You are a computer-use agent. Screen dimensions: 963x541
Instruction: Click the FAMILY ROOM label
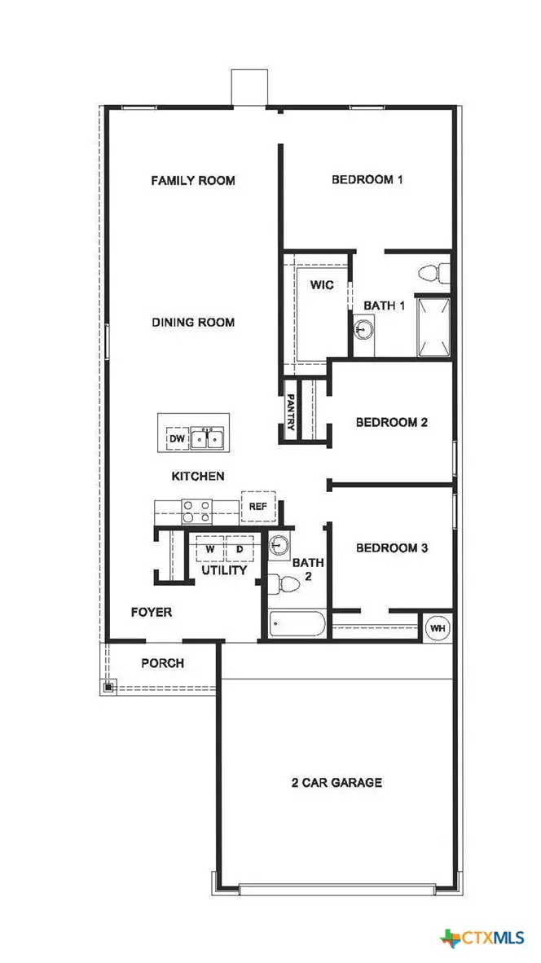tap(193, 180)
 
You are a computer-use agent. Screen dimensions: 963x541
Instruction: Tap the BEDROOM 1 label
tap(367, 180)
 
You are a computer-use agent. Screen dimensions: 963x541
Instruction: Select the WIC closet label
tap(322, 285)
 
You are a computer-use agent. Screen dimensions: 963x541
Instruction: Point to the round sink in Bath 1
tap(365, 330)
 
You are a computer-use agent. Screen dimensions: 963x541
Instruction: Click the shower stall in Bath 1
tap(433, 328)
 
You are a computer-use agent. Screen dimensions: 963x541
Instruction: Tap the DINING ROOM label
tap(193, 323)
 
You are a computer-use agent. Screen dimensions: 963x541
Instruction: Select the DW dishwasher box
tap(177, 439)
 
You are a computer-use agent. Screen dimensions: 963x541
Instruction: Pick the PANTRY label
tap(291, 412)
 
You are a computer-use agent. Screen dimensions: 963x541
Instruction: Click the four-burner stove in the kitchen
tap(196, 511)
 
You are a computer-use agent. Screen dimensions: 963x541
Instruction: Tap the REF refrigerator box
tap(258, 507)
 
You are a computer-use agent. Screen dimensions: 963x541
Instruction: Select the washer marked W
tap(209, 550)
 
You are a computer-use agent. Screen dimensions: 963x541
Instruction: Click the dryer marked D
tap(240, 550)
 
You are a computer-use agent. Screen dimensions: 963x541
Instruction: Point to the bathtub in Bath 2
tap(297, 625)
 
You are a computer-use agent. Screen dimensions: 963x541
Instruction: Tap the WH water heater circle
tap(437, 628)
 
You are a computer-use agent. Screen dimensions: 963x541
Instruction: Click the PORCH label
tap(163, 663)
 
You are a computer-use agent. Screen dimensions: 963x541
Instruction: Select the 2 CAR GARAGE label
tap(336, 783)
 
